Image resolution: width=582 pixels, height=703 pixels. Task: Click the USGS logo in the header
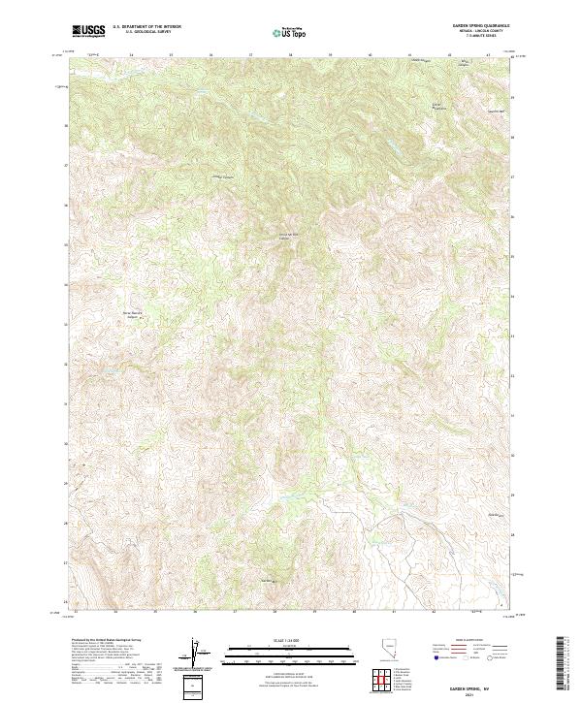tap(88, 31)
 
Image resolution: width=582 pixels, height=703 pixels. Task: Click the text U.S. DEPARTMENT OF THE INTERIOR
tap(147, 27)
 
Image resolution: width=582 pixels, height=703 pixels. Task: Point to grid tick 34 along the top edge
tap(131, 55)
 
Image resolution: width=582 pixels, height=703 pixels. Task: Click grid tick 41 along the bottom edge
tap(394, 612)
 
